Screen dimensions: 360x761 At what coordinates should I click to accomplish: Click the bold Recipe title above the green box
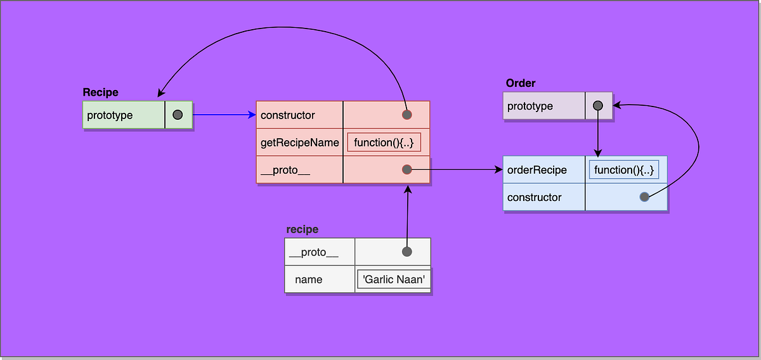[x=100, y=93]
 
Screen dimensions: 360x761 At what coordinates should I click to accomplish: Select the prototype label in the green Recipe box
[x=110, y=115]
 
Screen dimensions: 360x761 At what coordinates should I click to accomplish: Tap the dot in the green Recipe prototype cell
[x=178, y=115]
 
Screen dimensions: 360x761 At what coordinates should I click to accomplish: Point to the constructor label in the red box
[x=287, y=115]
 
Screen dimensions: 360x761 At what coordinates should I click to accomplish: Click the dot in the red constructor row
[x=407, y=115]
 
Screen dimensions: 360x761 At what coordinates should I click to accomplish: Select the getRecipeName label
[x=300, y=143]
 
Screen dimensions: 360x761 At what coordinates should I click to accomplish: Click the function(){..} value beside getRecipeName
[x=384, y=143]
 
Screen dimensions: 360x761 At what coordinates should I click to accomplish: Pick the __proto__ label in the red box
[x=285, y=170]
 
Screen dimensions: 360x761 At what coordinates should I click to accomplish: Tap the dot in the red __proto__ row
[x=407, y=169]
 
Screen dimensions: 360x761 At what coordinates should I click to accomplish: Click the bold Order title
[x=521, y=84]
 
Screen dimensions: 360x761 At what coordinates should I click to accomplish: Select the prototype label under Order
[x=530, y=106]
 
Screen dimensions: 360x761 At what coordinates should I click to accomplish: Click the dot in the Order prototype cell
[x=597, y=106]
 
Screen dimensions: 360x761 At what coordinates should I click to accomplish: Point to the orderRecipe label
[x=537, y=170]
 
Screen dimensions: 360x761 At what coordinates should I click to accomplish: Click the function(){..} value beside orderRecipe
[x=623, y=170]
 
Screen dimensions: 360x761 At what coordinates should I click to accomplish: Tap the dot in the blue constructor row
[x=644, y=197]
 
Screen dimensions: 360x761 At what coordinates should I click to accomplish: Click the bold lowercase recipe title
[x=302, y=229]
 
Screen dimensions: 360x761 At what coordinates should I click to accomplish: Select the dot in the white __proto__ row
[x=407, y=252]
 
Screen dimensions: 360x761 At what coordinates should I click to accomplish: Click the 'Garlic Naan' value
[x=393, y=280]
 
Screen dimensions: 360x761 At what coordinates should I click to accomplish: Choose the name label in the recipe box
[x=308, y=280]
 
